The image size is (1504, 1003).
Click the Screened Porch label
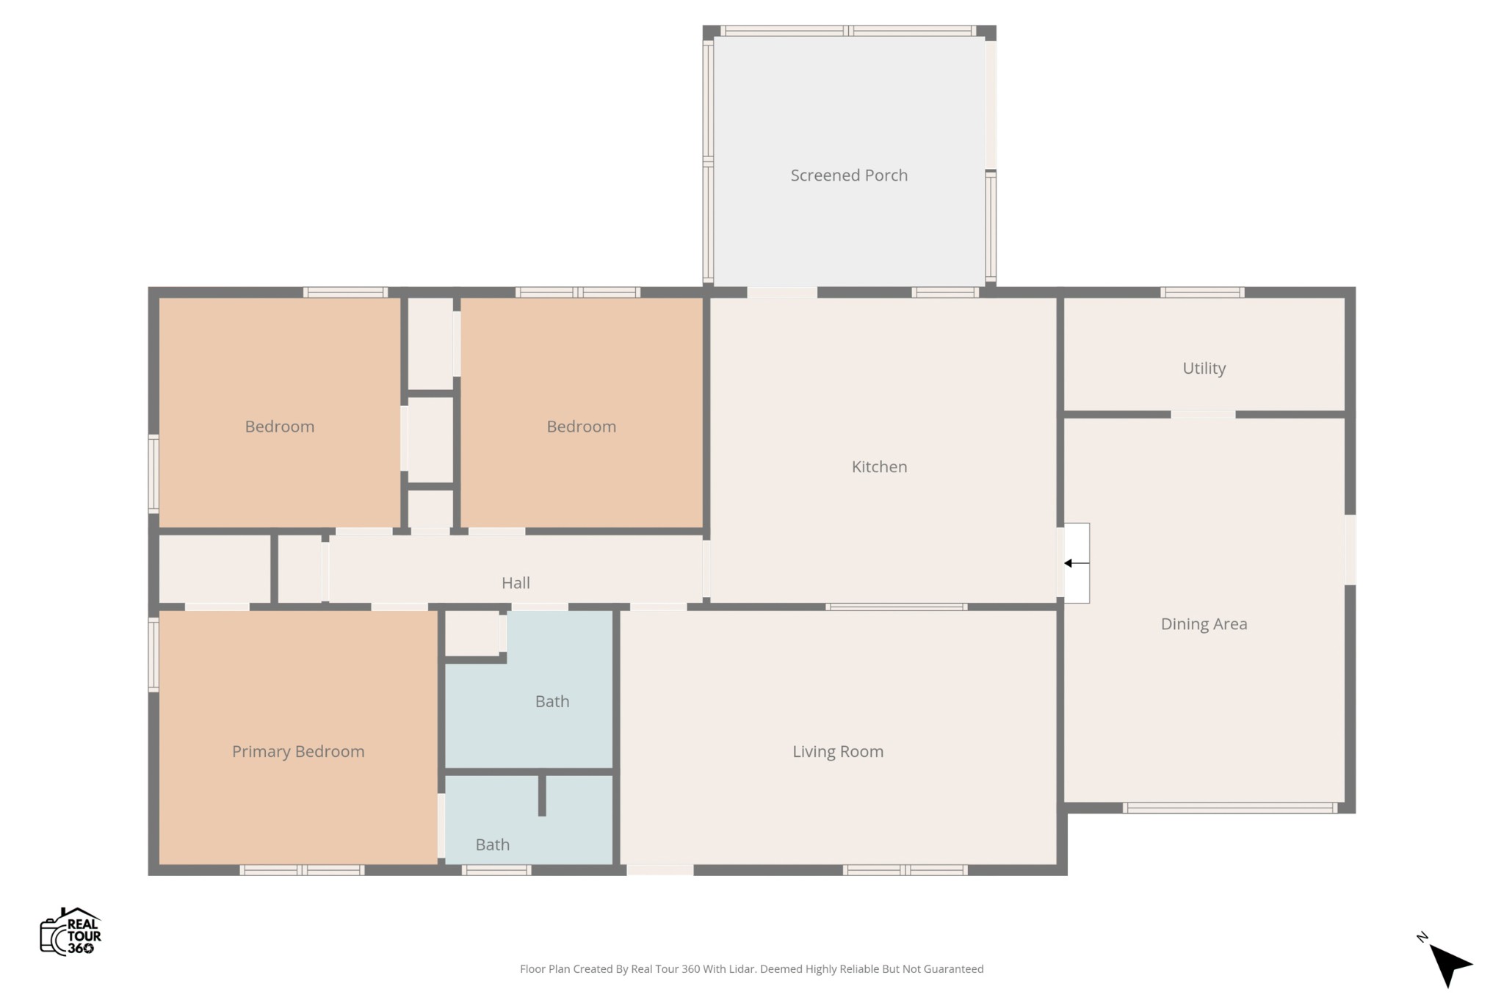point(849,175)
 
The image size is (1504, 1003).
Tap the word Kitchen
point(879,467)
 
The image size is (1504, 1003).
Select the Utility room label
point(1204,369)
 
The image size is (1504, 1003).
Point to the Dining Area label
point(1204,624)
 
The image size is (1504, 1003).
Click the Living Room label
point(838,752)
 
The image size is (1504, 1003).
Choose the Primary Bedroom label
point(298,752)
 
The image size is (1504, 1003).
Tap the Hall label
point(516,583)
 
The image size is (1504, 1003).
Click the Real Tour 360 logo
point(70,932)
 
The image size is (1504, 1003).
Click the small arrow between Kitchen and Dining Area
point(1077,563)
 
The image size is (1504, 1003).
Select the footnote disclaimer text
point(751,969)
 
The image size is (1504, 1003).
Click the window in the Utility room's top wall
point(1202,292)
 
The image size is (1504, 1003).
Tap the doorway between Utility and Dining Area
point(1203,415)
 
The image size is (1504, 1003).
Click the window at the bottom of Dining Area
point(1230,808)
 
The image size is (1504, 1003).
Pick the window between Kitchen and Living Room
point(896,607)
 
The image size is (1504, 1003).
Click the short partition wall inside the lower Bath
point(542,794)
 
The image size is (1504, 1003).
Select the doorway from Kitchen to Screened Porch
point(782,292)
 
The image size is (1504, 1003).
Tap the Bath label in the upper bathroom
point(552,702)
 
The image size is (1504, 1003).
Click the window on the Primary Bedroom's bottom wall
point(302,870)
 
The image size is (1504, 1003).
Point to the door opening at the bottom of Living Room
point(659,870)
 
